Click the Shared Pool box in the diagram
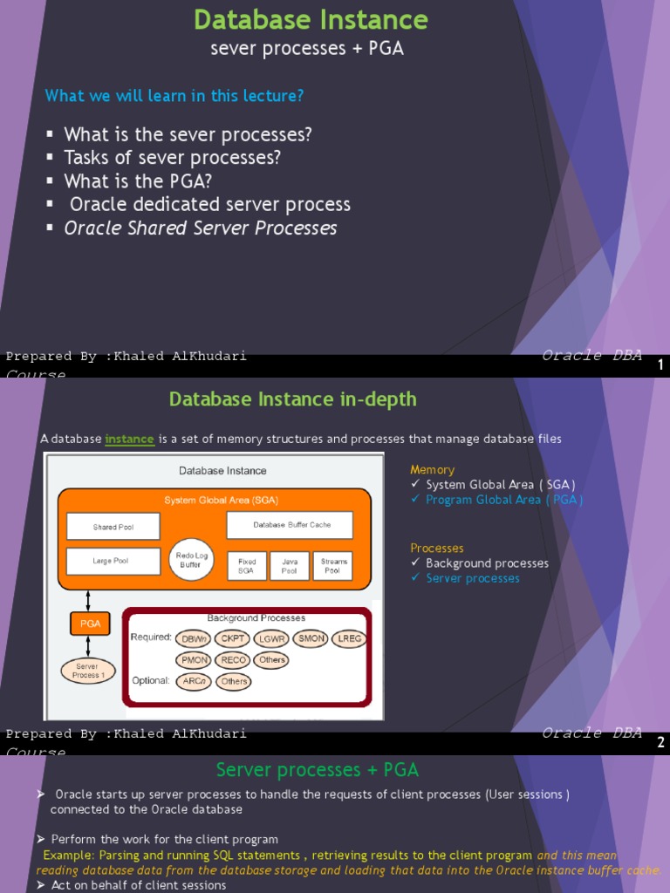113,527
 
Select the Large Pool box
113,561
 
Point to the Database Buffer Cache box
290,525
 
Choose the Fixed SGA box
247,566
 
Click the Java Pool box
290,566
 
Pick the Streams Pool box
333,566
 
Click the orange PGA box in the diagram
91,624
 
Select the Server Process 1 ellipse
88,670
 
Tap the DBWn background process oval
194,638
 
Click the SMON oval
311,638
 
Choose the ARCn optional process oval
194,681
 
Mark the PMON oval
194,660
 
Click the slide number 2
660,743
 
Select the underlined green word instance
130,439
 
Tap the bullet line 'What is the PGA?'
138,181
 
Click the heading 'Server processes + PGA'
318,770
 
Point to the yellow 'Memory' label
433,470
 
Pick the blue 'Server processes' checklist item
472,578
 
